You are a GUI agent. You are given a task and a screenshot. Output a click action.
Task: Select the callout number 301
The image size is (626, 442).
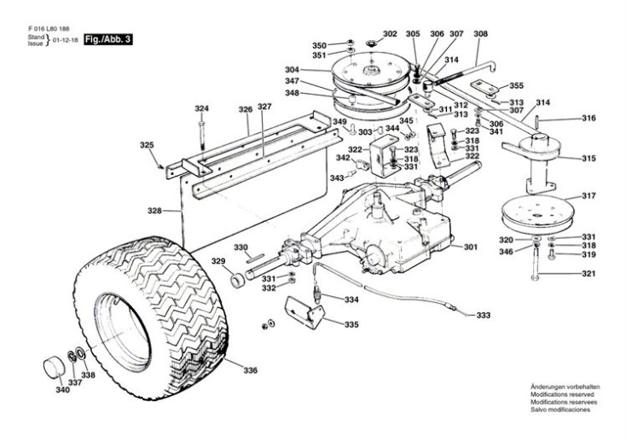pos(470,248)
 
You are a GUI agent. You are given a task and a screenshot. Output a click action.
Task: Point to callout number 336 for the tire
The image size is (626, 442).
pos(250,370)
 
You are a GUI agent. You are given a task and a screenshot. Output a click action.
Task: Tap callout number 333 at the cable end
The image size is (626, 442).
pos(484,316)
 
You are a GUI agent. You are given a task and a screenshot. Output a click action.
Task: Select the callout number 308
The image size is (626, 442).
pos(481,34)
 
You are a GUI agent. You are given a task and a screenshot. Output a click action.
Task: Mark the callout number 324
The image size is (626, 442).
pos(201,108)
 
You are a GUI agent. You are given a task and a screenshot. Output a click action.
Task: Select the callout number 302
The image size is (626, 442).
pos(390,34)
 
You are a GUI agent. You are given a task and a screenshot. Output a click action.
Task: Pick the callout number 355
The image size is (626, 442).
pos(517,85)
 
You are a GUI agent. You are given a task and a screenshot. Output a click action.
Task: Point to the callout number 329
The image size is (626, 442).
pos(218,260)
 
